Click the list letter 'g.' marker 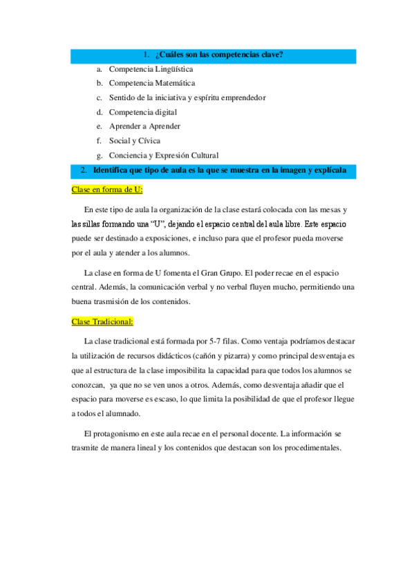[100, 155]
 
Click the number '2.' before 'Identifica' [82, 170]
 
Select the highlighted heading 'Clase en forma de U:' [107, 189]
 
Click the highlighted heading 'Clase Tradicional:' [103, 321]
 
